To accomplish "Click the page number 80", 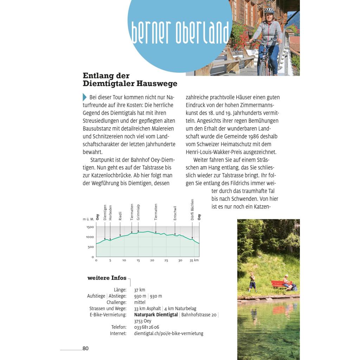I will tap(85, 348).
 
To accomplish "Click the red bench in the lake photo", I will tap(278, 283).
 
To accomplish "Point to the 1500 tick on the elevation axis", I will tap(90, 227).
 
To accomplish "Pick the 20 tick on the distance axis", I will tap(152, 261).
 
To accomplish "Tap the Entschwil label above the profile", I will tap(175, 213).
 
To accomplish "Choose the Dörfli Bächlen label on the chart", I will tap(192, 210).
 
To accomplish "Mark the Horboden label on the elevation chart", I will tap(110, 213).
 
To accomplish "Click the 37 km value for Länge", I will tap(140, 290).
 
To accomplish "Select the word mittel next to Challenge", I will tap(140, 302).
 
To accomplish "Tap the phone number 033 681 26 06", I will tap(147, 327).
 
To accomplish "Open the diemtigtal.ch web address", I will tap(168, 333).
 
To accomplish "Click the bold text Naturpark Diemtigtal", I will tap(156, 315).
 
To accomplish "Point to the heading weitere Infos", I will tap(107, 278).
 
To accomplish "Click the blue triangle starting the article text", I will tap(84, 97).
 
